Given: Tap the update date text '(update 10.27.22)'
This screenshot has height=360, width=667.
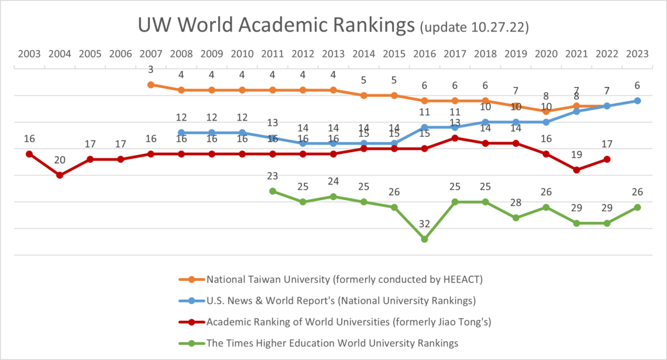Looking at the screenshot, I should [475, 26].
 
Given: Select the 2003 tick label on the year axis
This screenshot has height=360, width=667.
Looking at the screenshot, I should [29, 54].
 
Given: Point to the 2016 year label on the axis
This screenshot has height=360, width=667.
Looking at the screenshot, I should [424, 54].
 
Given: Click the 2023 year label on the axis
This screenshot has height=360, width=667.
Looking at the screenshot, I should [637, 54].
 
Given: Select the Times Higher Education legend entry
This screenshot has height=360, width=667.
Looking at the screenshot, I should [332, 343].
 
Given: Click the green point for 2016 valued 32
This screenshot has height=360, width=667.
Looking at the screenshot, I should [424, 239].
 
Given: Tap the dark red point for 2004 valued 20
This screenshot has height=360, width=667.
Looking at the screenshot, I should [60, 175].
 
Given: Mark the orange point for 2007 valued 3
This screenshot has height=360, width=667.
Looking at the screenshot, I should [151, 85].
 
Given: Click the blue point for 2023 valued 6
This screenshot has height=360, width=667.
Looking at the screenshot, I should [637, 101].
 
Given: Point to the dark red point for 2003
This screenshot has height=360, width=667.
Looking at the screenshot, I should [29, 154].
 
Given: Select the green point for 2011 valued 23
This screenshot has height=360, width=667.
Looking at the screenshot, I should [273, 191].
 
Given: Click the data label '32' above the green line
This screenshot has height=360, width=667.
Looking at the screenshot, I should [424, 224].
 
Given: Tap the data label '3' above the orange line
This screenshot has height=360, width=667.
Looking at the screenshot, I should [151, 70].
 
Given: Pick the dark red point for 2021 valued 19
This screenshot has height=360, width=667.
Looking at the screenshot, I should [576, 170].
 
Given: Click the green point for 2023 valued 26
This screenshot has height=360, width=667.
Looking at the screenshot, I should [637, 207].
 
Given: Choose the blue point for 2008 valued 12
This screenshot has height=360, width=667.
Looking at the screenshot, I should [181, 133].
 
